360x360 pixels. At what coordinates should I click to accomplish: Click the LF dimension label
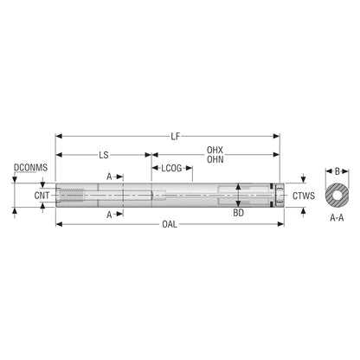(x=176, y=136)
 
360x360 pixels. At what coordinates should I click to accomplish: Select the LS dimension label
(x=104, y=155)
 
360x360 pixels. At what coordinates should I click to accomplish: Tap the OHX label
(x=215, y=150)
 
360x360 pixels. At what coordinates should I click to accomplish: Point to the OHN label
(x=215, y=159)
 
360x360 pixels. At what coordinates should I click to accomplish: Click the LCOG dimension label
(x=171, y=168)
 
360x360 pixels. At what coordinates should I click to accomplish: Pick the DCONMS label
(x=31, y=168)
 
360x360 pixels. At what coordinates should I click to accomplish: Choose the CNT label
(x=42, y=196)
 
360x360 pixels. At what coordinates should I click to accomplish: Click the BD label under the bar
(x=239, y=213)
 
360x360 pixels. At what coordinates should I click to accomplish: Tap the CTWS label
(x=304, y=196)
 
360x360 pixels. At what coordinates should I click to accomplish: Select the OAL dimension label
(x=170, y=224)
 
